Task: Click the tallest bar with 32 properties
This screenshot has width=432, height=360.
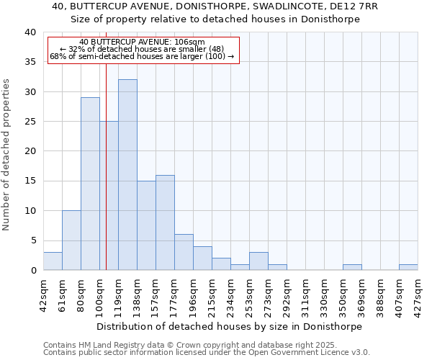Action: [127, 175]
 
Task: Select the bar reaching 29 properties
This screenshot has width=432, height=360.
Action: [90, 184]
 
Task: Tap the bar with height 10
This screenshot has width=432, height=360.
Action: [71, 240]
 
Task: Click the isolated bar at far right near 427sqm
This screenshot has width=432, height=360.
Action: [408, 267]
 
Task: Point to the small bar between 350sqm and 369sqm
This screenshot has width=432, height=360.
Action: [352, 267]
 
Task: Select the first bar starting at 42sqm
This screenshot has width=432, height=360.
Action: [53, 261]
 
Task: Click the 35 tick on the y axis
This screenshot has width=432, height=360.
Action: [30, 62]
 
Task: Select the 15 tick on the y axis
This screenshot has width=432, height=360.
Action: [30, 181]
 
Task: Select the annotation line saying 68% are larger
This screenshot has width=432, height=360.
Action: [142, 56]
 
